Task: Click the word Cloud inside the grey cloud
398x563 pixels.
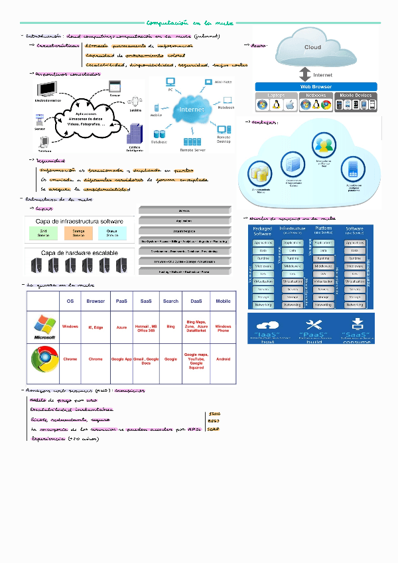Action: pos(312,47)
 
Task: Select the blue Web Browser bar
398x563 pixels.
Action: pos(316,86)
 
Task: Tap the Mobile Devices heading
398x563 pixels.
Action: pos(356,96)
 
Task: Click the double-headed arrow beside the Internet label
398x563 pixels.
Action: pos(304,74)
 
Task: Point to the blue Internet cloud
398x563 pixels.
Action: pos(193,110)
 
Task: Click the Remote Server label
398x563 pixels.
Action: pos(193,151)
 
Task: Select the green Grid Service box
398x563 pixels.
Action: pos(43,233)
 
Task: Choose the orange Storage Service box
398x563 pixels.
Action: pos(78,233)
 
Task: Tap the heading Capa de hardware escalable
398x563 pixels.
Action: pos(74,253)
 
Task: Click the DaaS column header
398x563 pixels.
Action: pos(196,301)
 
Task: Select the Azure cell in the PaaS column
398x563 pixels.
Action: pos(121,327)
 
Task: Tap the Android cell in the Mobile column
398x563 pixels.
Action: pos(223,359)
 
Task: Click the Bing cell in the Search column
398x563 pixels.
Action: pos(170,327)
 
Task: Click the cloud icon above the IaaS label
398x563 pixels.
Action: pos(267,324)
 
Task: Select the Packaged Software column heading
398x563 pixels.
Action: pos(263,231)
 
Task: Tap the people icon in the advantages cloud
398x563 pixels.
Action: pos(324,145)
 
